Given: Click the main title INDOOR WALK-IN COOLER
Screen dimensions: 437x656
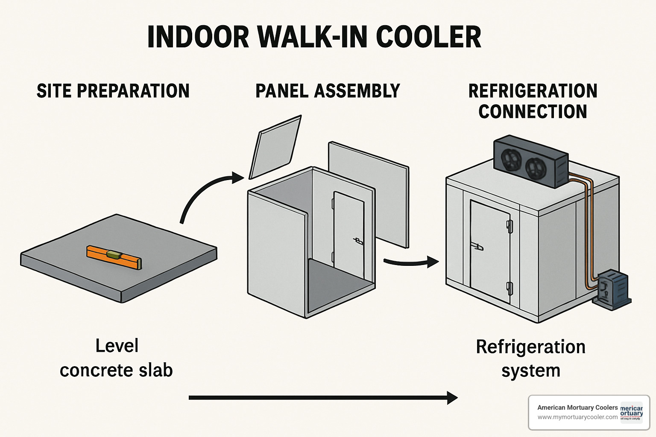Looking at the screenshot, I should coord(314,37).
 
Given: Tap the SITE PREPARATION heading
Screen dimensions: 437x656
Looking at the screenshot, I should coord(113,91).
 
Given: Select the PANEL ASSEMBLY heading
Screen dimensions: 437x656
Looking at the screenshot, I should coord(328,91).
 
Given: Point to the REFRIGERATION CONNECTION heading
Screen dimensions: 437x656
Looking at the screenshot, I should coord(533,101).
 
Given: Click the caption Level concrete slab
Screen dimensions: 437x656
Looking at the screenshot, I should coord(116,358).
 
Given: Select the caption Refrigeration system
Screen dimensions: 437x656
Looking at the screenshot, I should coord(530,358).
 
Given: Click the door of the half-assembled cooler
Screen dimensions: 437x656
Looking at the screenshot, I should coord(348,235).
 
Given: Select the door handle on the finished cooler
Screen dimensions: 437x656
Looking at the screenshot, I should coord(477,246).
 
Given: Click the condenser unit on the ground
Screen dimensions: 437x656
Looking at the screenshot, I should coord(612,290).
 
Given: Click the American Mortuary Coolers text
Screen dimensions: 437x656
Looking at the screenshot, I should coord(577,408).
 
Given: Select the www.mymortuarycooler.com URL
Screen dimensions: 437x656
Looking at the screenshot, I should coord(577,417).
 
